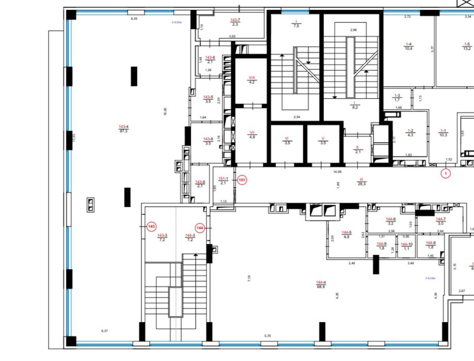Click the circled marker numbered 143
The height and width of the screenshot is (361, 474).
point(151,227)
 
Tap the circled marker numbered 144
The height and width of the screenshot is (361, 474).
point(200,227)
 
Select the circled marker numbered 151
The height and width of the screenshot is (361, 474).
point(242,180)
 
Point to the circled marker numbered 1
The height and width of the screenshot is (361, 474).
point(446,174)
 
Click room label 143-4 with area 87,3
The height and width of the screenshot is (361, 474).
point(123,129)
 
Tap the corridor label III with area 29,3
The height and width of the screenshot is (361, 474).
point(362,181)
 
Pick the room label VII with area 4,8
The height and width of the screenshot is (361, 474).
point(252,135)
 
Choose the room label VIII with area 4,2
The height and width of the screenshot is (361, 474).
point(252,80)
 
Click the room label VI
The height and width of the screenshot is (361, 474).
point(287,140)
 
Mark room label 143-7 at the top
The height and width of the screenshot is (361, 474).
point(235,22)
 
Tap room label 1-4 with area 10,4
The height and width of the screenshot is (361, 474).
point(408,46)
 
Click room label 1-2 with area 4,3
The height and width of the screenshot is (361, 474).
point(411,133)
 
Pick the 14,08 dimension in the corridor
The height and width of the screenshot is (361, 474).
point(338,171)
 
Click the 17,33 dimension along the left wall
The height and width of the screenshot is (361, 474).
point(74,138)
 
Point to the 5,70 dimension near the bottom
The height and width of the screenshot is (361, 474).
point(267,336)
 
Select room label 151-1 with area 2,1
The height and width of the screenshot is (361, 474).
point(223,180)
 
